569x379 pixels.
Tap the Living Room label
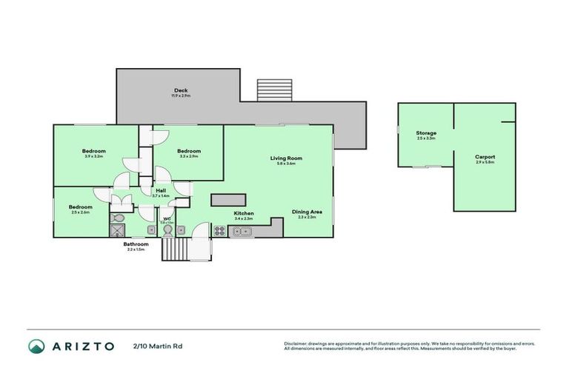[x=285, y=158]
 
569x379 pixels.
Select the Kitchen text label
[x=244, y=213]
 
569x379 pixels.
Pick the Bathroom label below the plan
[x=136, y=244]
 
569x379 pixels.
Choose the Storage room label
[x=426, y=133]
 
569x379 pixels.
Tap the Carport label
[x=485, y=157]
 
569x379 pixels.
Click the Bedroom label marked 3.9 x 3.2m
[x=93, y=151]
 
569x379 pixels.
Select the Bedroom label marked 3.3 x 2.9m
[x=189, y=151]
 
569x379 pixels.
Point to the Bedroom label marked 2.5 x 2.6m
[x=80, y=207]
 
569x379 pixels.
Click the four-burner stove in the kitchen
[x=219, y=231]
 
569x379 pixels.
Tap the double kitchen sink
[x=242, y=232]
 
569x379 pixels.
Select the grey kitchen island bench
[x=228, y=200]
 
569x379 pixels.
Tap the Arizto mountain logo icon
[x=36, y=346]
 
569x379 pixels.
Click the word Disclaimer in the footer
[x=296, y=343]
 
